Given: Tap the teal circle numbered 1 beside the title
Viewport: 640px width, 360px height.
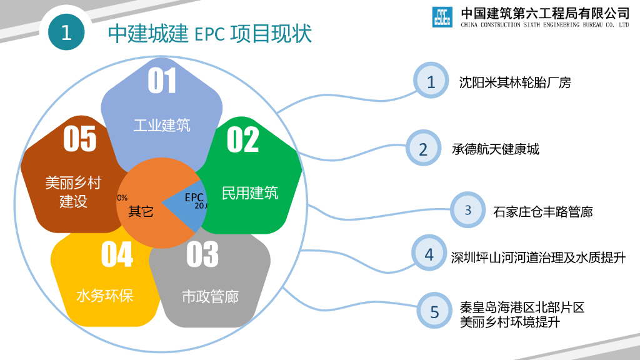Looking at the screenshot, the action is [x=66, y=32].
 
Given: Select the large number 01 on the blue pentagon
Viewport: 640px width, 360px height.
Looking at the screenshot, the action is [x=162, y=81].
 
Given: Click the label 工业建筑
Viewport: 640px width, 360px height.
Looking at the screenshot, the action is [x=162, y=125].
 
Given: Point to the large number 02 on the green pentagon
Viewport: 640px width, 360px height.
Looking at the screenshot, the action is [x=242, y=139].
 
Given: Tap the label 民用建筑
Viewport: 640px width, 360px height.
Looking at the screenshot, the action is [x=250, y=193].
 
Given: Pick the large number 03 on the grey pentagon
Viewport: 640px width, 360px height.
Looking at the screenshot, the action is [x=202, y=254].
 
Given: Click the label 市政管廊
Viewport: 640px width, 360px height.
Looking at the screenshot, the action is [x=210, y=296].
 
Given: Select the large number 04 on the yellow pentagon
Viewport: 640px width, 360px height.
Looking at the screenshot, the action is [x=117, y=254].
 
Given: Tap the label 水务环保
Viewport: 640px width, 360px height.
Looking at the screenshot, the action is [x=105, y=295].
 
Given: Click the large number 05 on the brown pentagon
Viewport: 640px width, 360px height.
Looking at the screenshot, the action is [x=80, y=138].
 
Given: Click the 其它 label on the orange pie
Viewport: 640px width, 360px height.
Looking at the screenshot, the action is [x=141, y=211].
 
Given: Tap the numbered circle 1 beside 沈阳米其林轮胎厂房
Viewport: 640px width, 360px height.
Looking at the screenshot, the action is [x=431, y=81].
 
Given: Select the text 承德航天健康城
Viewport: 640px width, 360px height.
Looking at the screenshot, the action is [x=496, y=149].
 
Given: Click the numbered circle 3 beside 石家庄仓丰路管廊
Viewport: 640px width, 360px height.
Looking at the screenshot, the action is [x=467, y=211].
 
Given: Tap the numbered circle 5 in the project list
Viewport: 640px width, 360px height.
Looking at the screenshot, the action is [x=434, y=311].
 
